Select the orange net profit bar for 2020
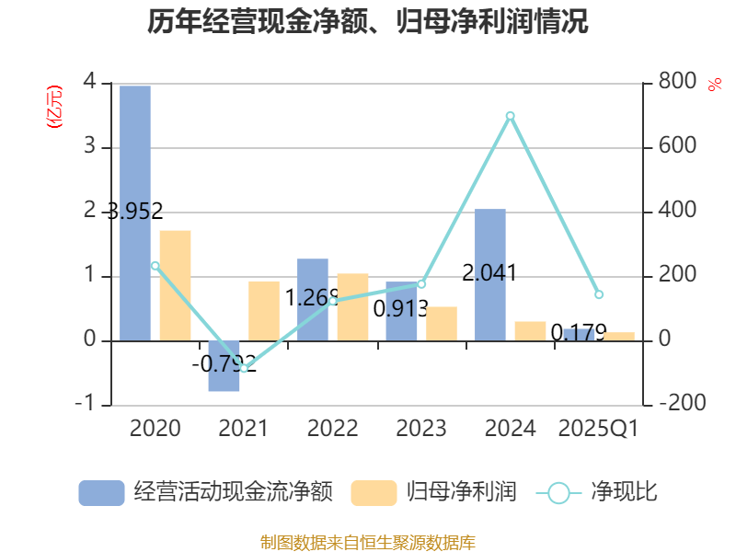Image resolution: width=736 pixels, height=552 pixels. pos(175,285)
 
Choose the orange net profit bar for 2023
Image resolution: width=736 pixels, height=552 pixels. pos(442,323)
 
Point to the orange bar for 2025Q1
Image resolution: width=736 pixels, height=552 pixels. pos(619,336)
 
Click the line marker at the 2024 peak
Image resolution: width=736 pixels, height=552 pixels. pos(510,115)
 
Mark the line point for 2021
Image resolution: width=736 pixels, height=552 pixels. pos(244,368)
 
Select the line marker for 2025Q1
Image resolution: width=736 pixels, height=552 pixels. pos(599,294)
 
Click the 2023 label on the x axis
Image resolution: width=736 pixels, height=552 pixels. pos(420,428)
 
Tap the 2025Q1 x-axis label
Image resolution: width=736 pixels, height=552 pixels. pos(599,428)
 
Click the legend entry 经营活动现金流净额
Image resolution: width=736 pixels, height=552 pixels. pos(204,492)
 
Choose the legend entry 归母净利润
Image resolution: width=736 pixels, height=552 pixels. pos(432,492)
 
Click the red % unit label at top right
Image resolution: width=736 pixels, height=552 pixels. pos(714,85)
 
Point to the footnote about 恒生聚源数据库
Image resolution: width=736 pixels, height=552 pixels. pos(367,542)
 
